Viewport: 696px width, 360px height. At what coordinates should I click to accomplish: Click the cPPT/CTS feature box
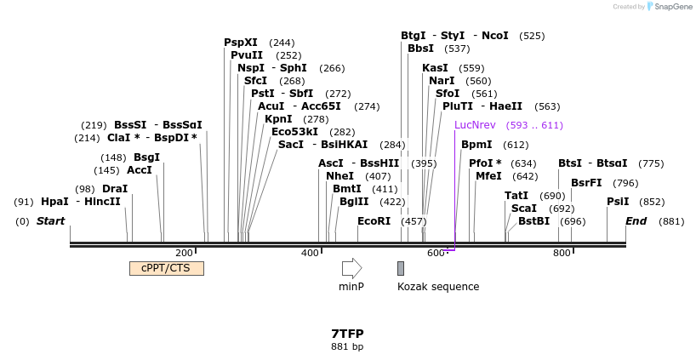(x=166, y=268)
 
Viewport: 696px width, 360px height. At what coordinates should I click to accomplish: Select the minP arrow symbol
(x=351, y=268)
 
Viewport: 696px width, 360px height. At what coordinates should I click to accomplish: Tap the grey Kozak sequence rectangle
(x=401, y=268)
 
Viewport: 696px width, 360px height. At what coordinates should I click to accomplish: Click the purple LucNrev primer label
(x=476, y=125)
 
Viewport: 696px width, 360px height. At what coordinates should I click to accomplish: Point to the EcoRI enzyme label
(x=374, y=221)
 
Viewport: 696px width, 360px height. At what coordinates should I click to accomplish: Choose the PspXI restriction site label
(x=241, y=43)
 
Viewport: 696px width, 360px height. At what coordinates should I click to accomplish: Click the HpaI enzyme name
(x=54, y=202)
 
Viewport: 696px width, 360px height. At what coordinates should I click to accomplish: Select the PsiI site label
(x=618, y=202)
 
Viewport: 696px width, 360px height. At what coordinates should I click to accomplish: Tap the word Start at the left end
(x=50, y=221)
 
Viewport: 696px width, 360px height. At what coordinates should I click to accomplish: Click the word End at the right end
(x=636, y=221)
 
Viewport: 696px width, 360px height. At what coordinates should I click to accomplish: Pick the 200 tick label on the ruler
(x=184, y=253)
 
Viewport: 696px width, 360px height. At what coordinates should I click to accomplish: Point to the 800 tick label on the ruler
(x=561, y=253)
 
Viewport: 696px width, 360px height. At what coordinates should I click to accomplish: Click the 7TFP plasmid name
(x=347, y=334)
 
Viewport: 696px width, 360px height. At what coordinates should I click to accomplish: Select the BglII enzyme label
(x=355, y=202)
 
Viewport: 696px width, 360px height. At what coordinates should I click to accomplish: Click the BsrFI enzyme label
(x=586, y=183)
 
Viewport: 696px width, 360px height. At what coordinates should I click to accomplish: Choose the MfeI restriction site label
(x=488, y=176)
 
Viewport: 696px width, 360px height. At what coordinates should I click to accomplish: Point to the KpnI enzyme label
(x=278, y=119)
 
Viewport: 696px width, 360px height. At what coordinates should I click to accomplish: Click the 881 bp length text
(x=347, y=346)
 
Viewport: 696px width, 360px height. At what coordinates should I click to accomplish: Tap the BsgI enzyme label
(x=147, y=157)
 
